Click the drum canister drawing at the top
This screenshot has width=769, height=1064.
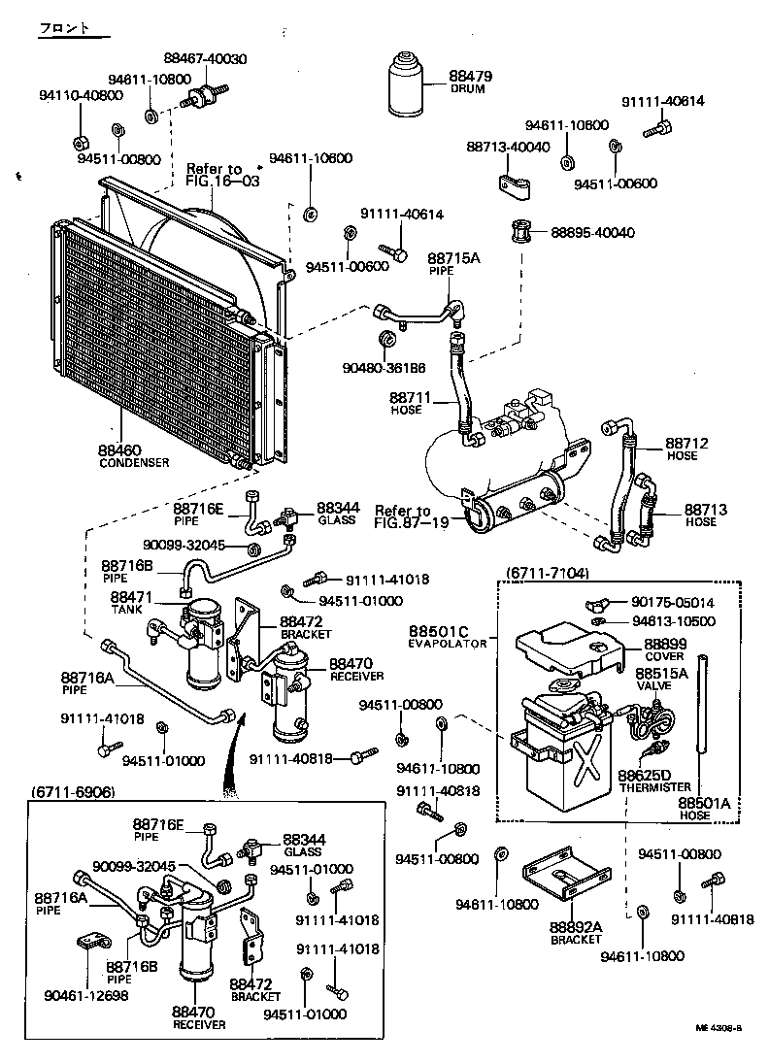pyautogui.click(x=407, y=83)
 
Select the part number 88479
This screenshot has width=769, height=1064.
pyautogui.click(x=470, y=76)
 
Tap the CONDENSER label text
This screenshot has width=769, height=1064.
pyautogui.click(x=134, y=463)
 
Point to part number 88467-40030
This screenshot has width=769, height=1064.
pyautogui.click(x=205, y=59)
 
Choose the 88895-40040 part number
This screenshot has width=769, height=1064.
pyautogui.click(x=592, y=233)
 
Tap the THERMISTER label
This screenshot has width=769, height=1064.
pyautogui.click(x=654, y=787)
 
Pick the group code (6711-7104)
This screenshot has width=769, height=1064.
pyautogui.click(x=547, y=574)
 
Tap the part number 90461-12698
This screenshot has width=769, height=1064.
pyautogui.click(x=85, y=995)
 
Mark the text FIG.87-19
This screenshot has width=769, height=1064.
pyautogui.click(x=412, y=522)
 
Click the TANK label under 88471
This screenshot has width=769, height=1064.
pyautogui.click(x=125, y=609)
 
